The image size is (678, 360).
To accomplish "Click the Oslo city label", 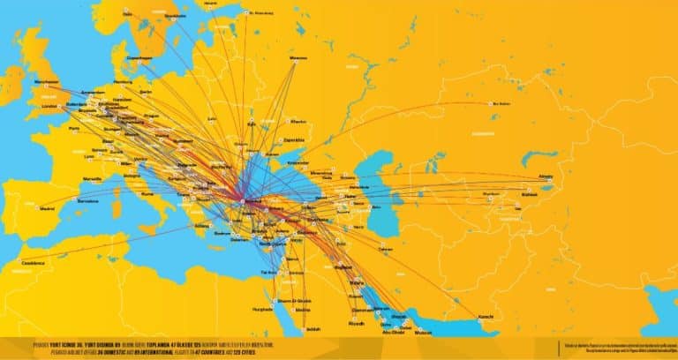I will point(127,14).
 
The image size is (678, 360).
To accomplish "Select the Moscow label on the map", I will point(299,58).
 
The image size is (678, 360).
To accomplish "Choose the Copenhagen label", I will point(139,56).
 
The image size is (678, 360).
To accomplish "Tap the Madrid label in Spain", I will point(46,208).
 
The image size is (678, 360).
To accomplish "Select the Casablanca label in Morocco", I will point(34,262).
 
